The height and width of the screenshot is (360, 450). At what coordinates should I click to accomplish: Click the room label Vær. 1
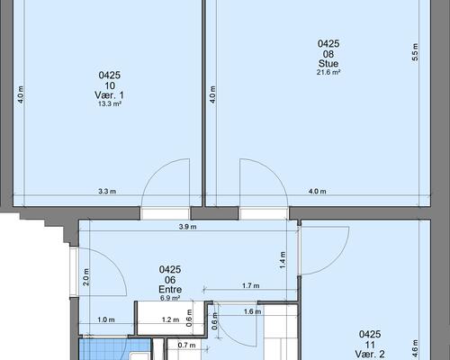click(109, 95)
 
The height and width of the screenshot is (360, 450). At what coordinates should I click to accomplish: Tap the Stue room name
click(328, 64)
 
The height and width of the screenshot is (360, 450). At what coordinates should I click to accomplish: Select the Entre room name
click(170, 290)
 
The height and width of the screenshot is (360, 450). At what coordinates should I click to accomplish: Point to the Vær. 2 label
click(370, 354)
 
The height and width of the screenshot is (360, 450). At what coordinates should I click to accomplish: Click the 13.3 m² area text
click(110, 103)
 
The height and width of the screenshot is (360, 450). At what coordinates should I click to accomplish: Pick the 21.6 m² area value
click(328, 72)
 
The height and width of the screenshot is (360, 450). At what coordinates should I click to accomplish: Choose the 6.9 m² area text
click(170, 298)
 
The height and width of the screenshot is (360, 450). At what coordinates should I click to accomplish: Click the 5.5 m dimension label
click(415, 52)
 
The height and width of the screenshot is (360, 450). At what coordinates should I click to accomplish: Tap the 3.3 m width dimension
click(107, 191)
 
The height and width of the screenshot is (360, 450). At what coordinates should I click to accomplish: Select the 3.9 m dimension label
click(187, 227)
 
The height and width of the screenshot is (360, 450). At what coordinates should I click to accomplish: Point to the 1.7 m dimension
click(251, 285)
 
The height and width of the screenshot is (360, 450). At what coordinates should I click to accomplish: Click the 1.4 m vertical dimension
click(283, 260)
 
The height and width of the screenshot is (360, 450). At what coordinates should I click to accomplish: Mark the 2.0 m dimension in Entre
click(85, 276)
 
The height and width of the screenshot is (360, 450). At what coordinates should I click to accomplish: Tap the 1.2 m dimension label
click(170, 319)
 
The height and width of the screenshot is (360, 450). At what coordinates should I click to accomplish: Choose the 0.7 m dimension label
click(186, 346)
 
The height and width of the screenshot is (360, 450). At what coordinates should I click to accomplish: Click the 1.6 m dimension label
click(252, 311)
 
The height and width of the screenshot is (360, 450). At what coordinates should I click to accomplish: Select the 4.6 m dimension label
click(415, 348)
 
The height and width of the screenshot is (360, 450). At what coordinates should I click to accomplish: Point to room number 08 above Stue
click(328, 54)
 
